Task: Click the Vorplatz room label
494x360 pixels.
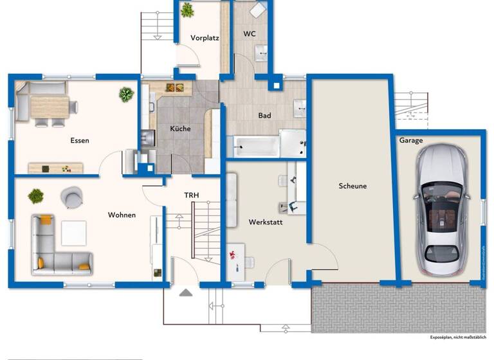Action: (x=205, y=38)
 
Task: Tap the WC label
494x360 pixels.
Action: (x=250, y=33)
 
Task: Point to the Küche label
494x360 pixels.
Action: (x=180, y=129)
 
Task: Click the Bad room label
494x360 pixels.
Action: (x=264, y=116)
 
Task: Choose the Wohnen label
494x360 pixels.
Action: (x=122, y=215)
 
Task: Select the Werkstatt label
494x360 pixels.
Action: (x=266, y=222)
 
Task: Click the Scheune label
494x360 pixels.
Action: (x=352, y=186)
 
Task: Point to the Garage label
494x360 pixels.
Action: (x=411, y=140)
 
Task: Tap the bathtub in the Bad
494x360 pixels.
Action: (x=256, y=147)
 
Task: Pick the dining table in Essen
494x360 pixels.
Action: (x=50, y=105)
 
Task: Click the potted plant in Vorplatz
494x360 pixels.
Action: (x=187, y=10)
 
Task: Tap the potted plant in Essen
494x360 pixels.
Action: (x=126, y=95)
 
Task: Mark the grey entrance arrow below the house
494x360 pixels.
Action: (x=186, y=292)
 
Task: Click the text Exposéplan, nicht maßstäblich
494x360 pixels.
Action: (x=458, y=337)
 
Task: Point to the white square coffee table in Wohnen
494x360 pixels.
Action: (x=73, y=232)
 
